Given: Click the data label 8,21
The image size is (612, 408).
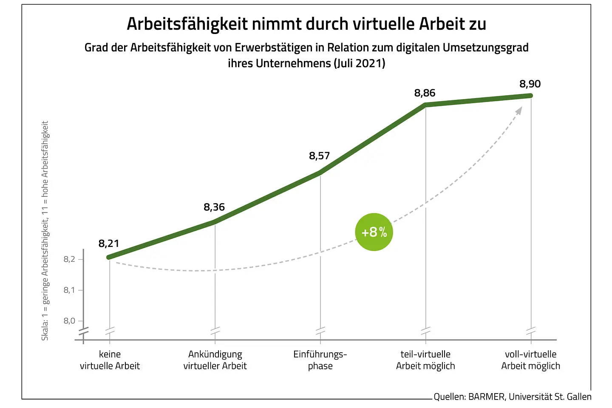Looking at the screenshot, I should click(x=109, y=244).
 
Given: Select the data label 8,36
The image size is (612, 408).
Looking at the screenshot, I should click(x=214, y=207).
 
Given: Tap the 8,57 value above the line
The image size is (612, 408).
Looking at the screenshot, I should click(x=319, y=156).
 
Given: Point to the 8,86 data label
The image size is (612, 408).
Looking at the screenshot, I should click(x=425, y=93).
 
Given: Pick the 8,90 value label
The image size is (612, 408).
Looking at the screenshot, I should click(x=530, y=84).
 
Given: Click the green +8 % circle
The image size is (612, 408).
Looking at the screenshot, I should click(x=374, y=232).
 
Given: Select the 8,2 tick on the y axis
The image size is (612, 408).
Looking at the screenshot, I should click(x=70, y=259).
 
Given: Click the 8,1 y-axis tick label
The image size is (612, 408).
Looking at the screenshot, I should click(x=70, y=290).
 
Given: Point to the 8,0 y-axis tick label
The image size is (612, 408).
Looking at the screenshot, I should click(x=70, y=321).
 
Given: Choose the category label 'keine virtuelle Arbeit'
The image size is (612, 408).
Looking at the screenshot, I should click(x=110, y=360).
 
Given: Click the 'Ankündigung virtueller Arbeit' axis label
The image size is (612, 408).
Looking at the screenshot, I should click(x=215, y=360).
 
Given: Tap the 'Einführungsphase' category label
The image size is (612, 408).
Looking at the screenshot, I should click(x=320, y=360).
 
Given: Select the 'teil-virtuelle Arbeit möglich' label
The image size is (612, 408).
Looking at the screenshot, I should click(x=425, y=360).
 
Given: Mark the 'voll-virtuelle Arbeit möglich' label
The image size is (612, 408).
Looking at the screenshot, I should click(x=530, y=360).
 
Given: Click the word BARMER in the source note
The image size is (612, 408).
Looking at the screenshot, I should click(x=487, y=397).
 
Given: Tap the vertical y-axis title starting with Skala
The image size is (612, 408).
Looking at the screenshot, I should click(x=45, y=230).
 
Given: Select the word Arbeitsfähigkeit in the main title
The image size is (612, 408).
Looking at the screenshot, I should click(x=187, y=24).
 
